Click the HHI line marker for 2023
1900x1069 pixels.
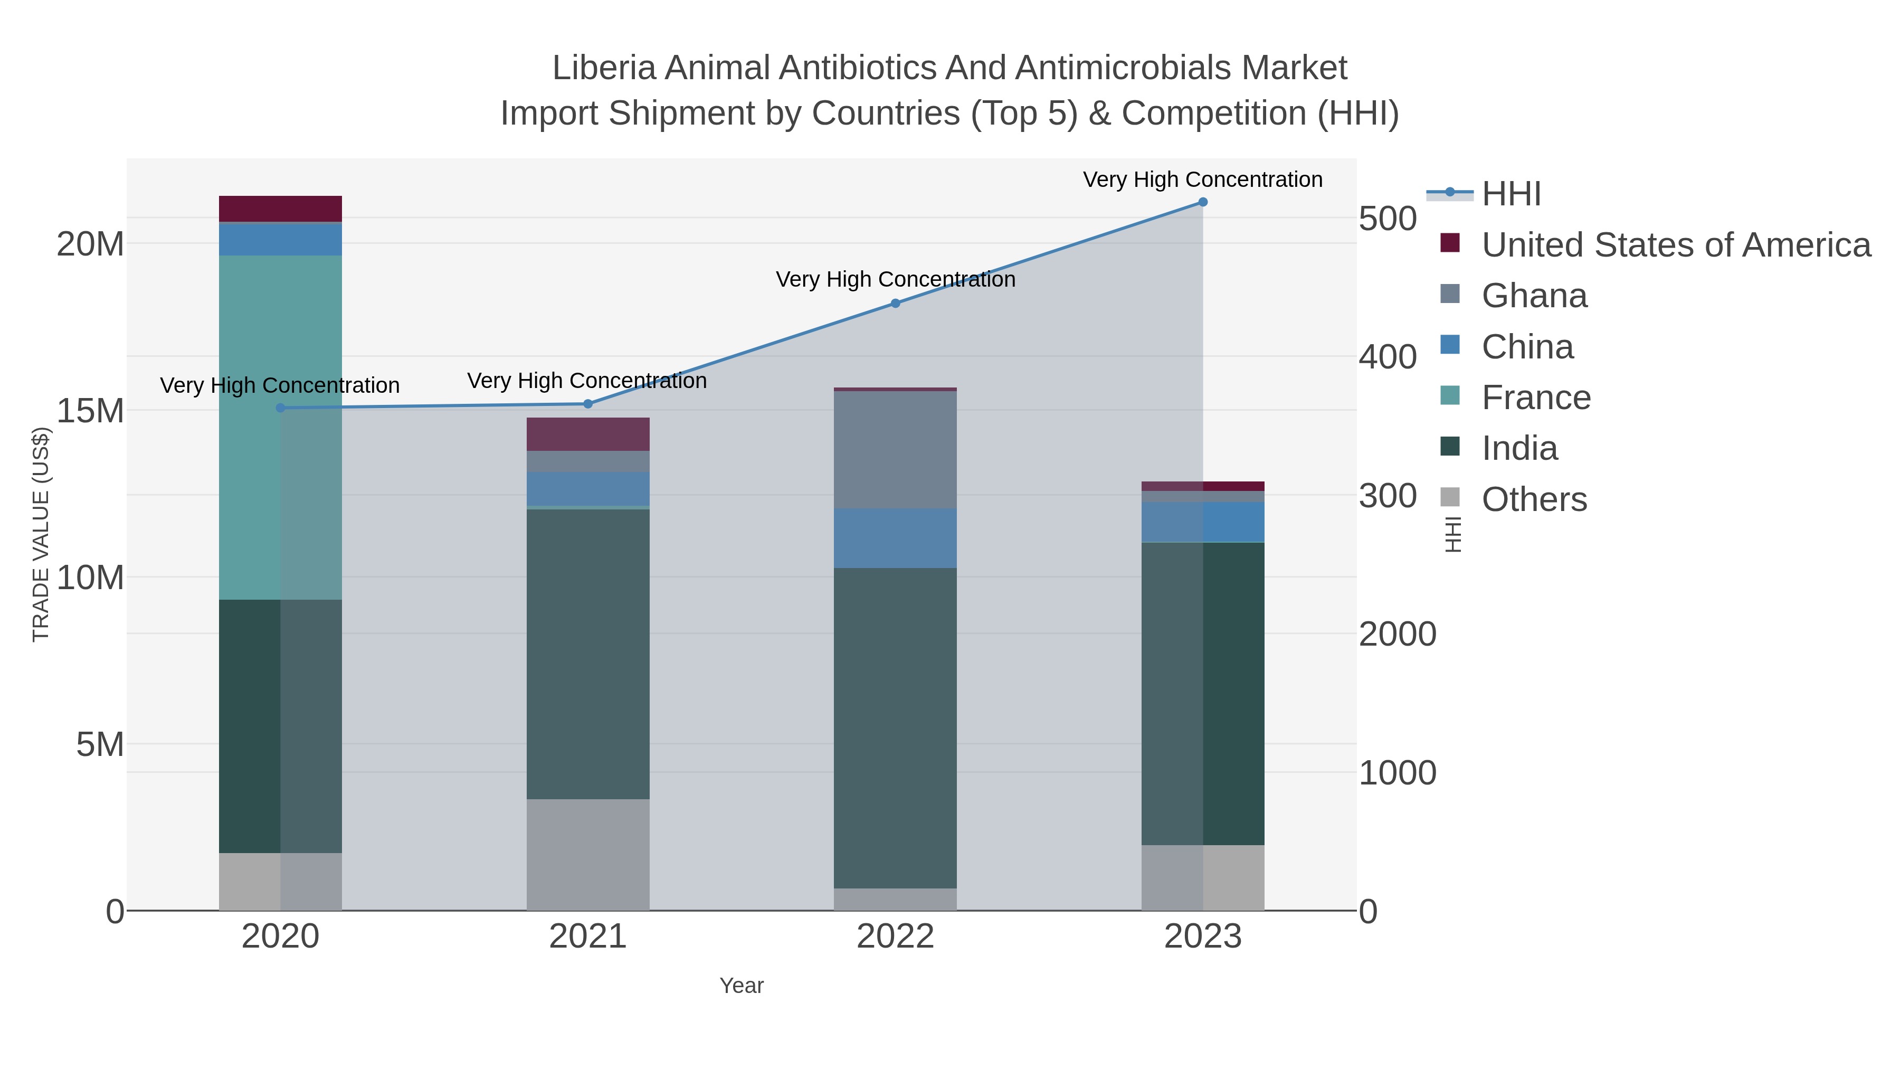pyautogui.click(x=1202, y=202)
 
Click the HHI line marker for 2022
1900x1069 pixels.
pyautogui.click(x=896, y=303)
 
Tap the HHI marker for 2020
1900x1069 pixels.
pyautogui.click(x=280, y=408)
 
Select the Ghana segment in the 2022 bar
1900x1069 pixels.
pyautogui.click(x=896, y=450)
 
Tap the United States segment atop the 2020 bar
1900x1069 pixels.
pyautogui.click(x=280, y=209)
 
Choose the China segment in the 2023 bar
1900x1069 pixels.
pyautogui.click(x=1202, y=522)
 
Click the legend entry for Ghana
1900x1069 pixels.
pyautogui.click(x=1534, y=296)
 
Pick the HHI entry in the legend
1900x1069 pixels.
pyautogui.click(x=1510, y=194)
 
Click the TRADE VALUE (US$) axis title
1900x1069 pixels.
pyautogui.click(x=41, y=534)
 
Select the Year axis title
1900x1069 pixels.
pyautogui.click(x=742, y=986)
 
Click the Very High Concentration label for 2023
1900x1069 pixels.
pyautogui.click(x=1202, y=179)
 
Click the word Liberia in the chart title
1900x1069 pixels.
pyautogui.click(x=603, y=68)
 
